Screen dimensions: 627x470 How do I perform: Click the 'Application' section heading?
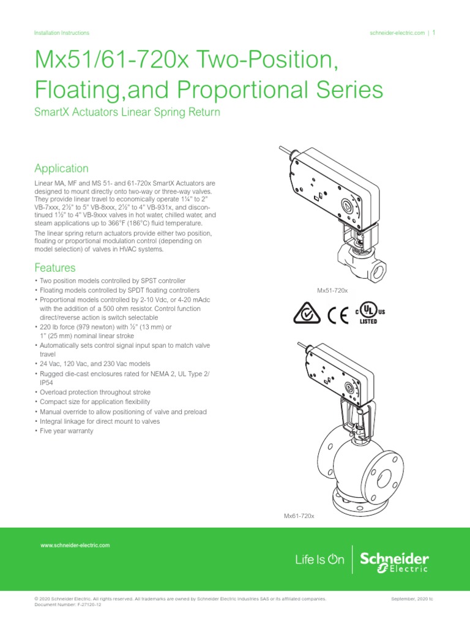[61, 168]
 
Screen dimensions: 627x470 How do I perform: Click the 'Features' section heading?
[55, 268]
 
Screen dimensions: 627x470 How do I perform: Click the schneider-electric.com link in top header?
[397, 33]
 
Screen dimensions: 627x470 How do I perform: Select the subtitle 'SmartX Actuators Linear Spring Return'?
[127, 113]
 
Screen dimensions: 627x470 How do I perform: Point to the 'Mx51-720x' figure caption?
[332, 289]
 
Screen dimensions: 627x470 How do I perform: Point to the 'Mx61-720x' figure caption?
[299, 516]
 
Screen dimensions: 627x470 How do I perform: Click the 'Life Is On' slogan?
[319, 559]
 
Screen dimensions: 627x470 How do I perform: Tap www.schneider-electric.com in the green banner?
[75, 544]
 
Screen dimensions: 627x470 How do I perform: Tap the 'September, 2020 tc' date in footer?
[411, 598]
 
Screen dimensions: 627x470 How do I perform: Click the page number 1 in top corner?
[434, 33]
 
